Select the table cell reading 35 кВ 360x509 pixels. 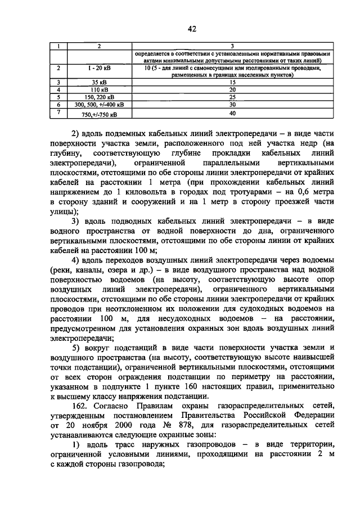tap(99, 82)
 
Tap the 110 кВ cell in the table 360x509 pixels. tap(99, 89)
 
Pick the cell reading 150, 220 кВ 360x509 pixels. tap(99, 97)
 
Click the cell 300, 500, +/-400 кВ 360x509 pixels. tap(99, 104)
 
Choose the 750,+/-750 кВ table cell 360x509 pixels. tap(99, 114)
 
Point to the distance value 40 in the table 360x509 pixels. tap(232, 112)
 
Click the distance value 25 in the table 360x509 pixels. tap(232, 97)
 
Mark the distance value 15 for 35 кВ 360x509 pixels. tap(232, 82)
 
